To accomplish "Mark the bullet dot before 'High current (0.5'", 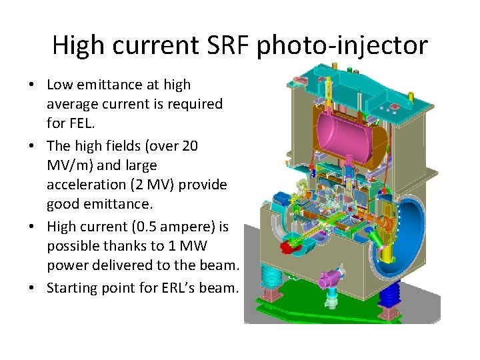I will [32, 227].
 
